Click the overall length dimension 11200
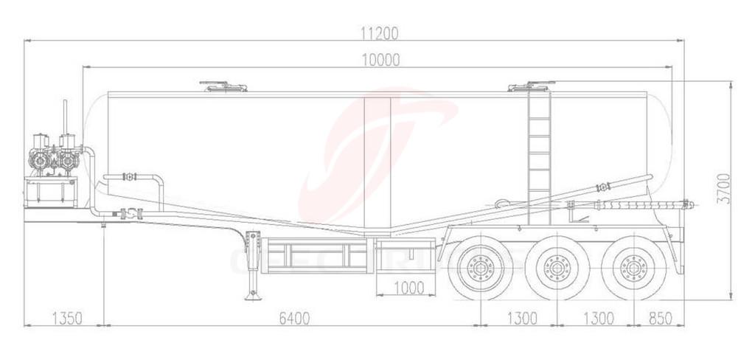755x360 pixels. click(x=379, y=32)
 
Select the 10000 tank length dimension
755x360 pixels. click(x=380, y=60)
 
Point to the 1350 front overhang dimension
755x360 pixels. click(x=66, y=318)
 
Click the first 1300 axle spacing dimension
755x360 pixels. click(x=522, y=318)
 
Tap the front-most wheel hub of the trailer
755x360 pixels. click(x=480, y=268)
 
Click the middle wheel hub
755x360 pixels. click(x=557, y=268)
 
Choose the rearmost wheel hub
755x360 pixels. click(x=633, y=268)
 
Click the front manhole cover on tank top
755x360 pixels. click(x=223, y=87)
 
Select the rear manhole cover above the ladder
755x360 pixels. click(x=531, y=87)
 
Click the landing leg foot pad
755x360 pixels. click(x=254, y=296)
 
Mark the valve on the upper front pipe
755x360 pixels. click(x=130, y=177)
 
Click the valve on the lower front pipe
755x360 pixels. click(x=130, y=214)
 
